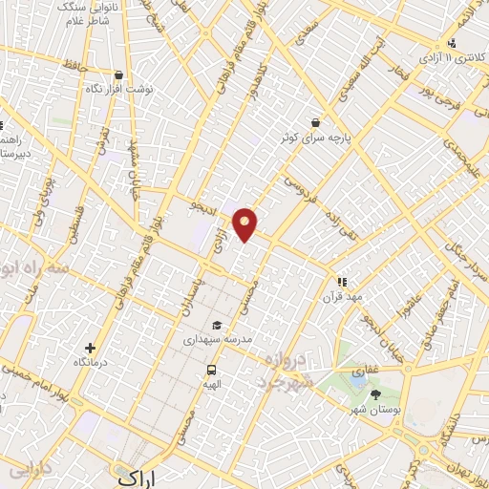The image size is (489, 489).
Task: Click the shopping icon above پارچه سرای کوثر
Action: (314, 121)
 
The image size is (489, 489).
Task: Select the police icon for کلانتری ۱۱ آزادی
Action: (451, 43)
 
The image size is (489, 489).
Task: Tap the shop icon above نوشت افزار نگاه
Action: (117, 74)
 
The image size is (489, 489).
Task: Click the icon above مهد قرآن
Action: (342, 282)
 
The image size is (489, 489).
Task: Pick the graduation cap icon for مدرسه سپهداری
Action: (217, 326)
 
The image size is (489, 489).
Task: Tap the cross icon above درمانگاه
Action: (90, 349)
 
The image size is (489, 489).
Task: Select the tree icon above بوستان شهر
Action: (374, 393)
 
